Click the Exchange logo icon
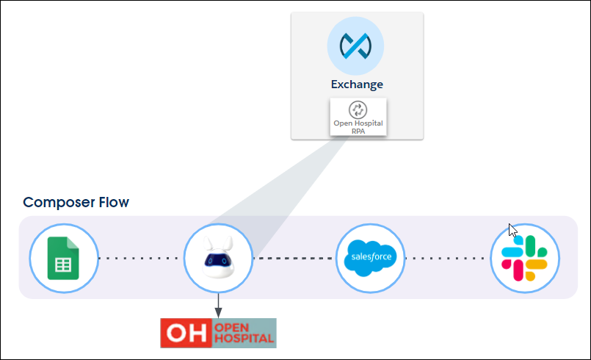pyautogui.click(x=356, y=46)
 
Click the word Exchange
pyautogui.click(x=357, y=84)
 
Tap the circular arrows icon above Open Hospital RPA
pyautogui.click(x=358, y=109)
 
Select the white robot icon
pyautogui.click(x=218, y=258)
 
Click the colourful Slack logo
pyautogui.click(x=525, y=258)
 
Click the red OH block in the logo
pyautogui.click(x=186, y=333)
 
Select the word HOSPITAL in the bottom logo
pyautogui.click(x=244, y=339)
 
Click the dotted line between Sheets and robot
pyautogui.click(x=140, y=259)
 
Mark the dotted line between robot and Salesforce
pyautogui.click(x=294, y=259)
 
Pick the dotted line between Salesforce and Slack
pyautogui.click(x=448, y=259)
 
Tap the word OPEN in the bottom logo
pyautogui.click(x=234, y=326)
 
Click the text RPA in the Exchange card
pyautogui.click(x=358, y=130)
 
